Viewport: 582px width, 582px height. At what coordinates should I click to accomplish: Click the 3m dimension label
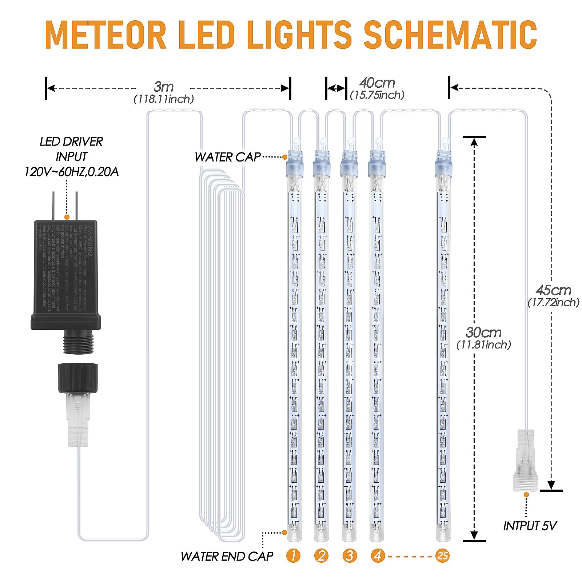[164, 87]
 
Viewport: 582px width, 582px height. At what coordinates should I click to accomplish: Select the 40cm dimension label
[377, 83]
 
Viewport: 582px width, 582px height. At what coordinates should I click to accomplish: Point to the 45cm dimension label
[553, 290]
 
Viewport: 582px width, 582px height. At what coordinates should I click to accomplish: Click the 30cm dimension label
[483, 332]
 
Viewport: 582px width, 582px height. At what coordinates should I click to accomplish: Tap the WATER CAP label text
[228, 157]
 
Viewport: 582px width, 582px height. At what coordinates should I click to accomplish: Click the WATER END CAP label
[227, 556]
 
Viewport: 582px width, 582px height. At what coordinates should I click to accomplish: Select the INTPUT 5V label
[530, 526]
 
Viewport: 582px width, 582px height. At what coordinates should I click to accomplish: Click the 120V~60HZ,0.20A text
[71, 172]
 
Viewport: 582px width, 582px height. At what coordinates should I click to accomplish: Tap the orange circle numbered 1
[293, 555]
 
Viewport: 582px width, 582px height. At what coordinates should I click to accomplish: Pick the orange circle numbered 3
[350, 555]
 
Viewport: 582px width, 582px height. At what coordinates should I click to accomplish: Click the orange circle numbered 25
[442, 555]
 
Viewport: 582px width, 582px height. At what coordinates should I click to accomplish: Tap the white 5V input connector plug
[525, 460]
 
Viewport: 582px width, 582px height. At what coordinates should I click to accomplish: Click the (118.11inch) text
[164, 99]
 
